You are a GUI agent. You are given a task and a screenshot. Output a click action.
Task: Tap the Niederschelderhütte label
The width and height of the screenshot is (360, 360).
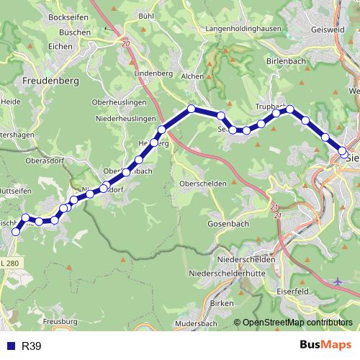click(232, 274)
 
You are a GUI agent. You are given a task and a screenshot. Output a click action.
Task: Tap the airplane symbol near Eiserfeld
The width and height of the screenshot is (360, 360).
click(339, 281)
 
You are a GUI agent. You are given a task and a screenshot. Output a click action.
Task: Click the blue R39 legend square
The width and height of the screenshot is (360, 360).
click(10, 346)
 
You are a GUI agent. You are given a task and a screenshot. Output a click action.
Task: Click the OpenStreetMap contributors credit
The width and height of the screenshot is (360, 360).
click(297, 323)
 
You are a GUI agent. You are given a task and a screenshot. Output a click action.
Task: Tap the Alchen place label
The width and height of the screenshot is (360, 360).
click(192, 76)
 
